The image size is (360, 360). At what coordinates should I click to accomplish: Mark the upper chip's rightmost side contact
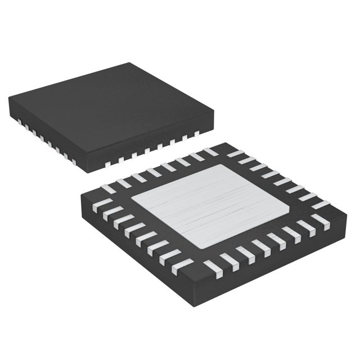[x=197, y=134]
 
